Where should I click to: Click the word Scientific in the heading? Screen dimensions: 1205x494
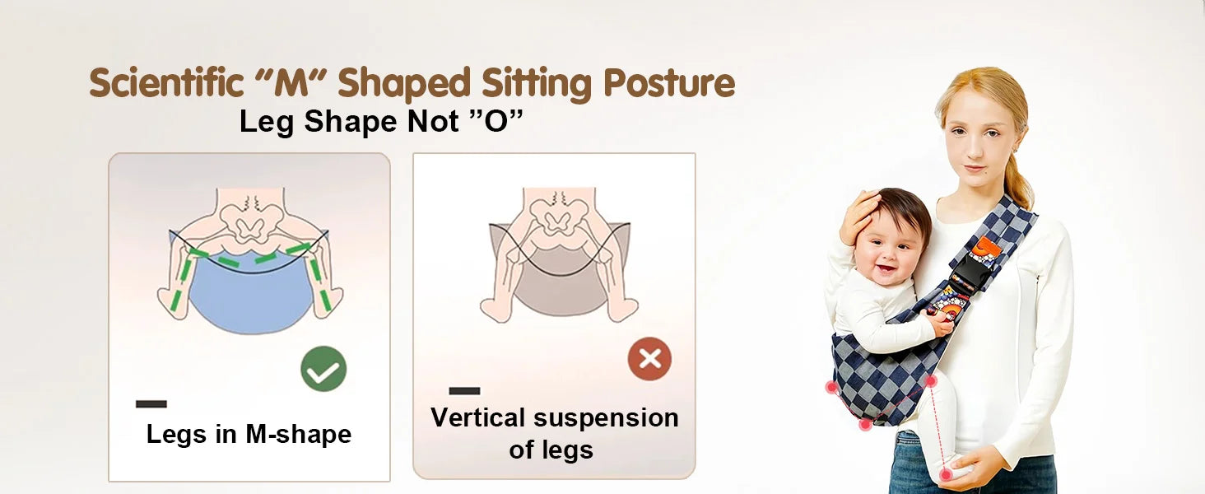point(165,82)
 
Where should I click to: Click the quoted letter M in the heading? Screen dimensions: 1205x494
point(291,83)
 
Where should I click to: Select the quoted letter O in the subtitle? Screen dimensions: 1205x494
point(496,121)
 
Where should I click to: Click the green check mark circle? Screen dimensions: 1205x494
point(323,369)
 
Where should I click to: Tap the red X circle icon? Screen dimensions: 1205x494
point(650,359)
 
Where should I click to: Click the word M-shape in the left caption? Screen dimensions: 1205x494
point(298,434)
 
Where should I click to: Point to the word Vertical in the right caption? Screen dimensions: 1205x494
point(477,417)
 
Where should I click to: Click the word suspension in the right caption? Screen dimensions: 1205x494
point(607,419)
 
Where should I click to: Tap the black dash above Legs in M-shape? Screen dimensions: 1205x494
point(151,403)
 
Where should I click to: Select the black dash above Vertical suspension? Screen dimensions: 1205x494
point(464,391)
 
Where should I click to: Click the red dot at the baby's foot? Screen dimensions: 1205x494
point(945,474)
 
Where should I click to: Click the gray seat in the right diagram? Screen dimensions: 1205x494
point(560,280)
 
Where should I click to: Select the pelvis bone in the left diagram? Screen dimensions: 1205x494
point(250,221)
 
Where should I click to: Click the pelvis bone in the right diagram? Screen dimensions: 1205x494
point(560,218)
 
